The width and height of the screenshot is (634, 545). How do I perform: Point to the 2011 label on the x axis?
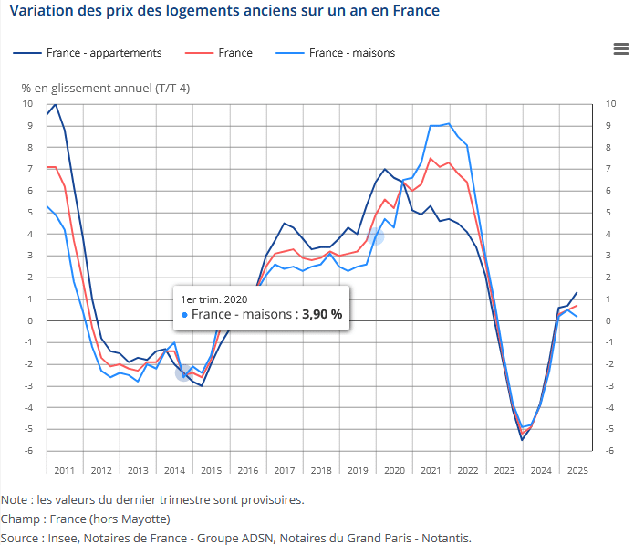click(x=64, y=470)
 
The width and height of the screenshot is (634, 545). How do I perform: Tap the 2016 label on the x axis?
click(x=247, y=470)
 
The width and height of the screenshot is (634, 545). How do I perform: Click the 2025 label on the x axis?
click(x=577, y=470)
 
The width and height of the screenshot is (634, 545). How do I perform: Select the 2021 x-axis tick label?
click(x=431, y=470)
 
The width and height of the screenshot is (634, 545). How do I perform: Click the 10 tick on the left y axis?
click(x=28, y=104)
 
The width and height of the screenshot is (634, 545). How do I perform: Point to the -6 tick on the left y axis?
click(x=29, y=451)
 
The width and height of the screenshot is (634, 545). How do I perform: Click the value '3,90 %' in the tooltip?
click(x=323, y=314)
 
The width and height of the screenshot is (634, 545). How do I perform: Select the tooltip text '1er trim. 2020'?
click(x=214, y=299)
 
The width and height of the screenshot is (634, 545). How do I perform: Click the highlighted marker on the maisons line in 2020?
click(x=375, y=236)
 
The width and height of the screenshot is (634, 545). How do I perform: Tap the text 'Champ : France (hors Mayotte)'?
click(x=86, y=519)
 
